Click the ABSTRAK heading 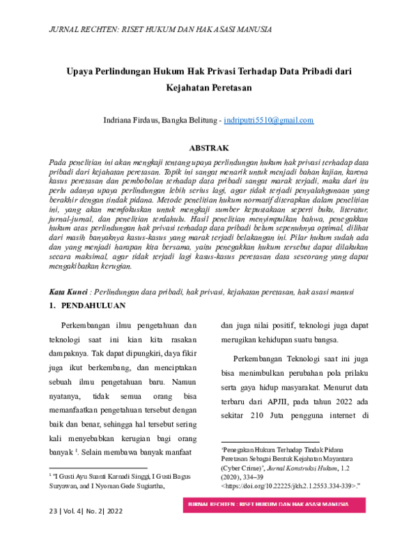(209, 148)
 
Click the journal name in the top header (160, 29)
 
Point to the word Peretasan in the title (224, 88)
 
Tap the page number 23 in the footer (54, 511)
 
